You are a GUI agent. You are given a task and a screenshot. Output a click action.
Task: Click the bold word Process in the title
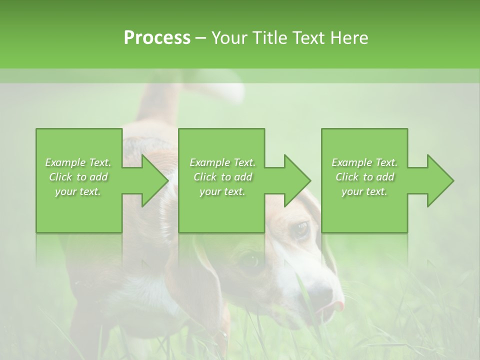point(157,38)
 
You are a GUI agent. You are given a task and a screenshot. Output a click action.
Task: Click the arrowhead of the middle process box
point(297,180)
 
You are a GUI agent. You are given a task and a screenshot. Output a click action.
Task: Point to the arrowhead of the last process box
point(440,180)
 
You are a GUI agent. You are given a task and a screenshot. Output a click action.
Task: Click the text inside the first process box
point(78,177)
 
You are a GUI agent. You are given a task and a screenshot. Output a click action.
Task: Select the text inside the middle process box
point(222,177)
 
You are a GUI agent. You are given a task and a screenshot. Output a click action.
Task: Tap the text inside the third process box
point(364,177)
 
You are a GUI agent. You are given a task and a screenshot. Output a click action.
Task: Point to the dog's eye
point(300,229)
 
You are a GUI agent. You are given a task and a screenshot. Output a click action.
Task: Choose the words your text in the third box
point(364,191)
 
